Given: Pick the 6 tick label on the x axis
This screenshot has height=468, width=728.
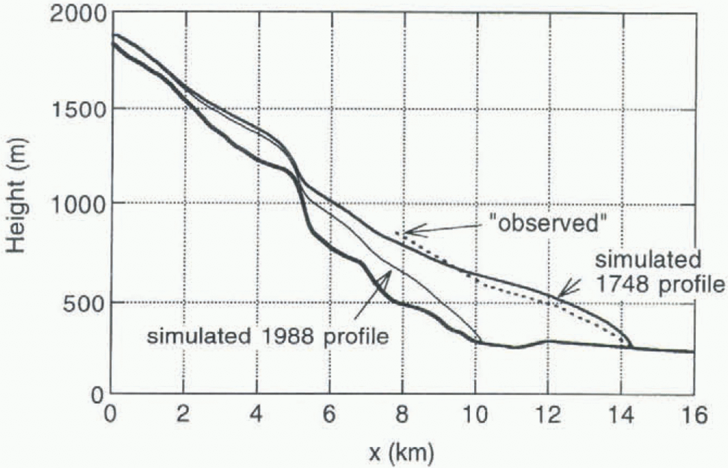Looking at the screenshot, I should (x=329, y=415).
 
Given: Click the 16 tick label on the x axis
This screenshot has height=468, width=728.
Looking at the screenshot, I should (x=693, y=415).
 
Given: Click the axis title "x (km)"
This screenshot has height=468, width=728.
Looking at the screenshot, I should (x=401, y=453).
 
